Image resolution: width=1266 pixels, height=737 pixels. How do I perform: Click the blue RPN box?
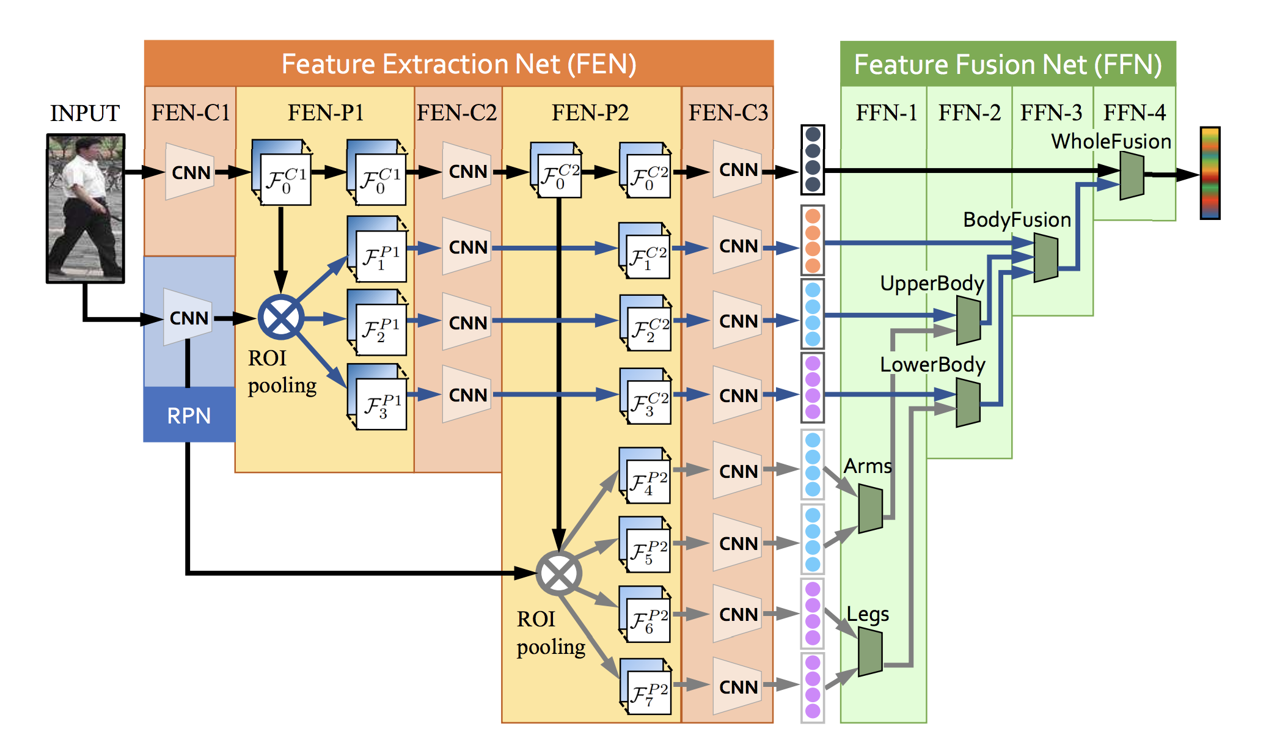pyautogui.click(x=189, y=415)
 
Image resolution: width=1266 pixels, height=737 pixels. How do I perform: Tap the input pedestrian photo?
pyautogui.click(x=86, y=208)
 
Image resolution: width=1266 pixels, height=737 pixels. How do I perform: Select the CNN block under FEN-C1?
pyautogui.click(x=190, y=172)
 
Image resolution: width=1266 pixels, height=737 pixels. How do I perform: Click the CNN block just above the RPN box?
pyautogui.click(x=188, y=318)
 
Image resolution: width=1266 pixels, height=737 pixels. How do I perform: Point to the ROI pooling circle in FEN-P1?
pyautogui.click(x=280, y=318)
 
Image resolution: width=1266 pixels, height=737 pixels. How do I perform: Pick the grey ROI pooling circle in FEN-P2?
pyautogui.click(x=558, y=573)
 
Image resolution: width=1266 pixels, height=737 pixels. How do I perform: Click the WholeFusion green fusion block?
pyautogui.click(x=1132, y=175)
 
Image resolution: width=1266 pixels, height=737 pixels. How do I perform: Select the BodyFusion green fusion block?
pyautogui.click(x=1045, y=258)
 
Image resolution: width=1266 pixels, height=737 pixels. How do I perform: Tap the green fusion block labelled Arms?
pyautogui.click(x=870, y=508)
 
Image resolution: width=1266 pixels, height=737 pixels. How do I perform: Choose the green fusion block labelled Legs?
pyautogui.click(x=870, y=653)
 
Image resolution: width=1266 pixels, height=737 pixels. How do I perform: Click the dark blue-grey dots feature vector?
pyautogui.click(x=813, y=159)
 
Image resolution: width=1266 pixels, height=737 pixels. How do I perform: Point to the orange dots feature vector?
pyautogui.click(x=813, y=240)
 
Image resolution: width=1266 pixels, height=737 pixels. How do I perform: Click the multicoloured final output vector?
pyautogui.click(x=1210, y=173)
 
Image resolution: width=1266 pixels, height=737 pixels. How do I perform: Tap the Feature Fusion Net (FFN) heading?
pyautogui.click(x=1008, y=64)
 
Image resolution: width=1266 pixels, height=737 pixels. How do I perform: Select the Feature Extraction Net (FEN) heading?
pyautogui.click(x=459, y=64)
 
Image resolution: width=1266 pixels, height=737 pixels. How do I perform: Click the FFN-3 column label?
pyautogui.click(x=1051, y=112)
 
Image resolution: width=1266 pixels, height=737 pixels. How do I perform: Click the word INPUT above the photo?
pyautogui.click(x=85, y=113)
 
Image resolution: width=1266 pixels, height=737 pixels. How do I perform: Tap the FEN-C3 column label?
pyautogui.click(x=728, y=112)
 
